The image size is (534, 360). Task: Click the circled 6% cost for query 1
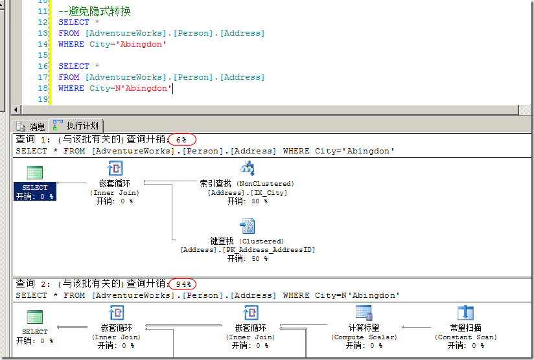click(x=181, y=140)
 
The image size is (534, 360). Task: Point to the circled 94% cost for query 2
click(x=181, y=284)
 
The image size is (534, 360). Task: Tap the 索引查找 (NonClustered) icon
click(x=247, y=169)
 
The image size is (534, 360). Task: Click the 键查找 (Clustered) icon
click(x=247, y=226)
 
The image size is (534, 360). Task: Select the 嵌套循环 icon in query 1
click(x=115, y=169)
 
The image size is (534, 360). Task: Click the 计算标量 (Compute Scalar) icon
click(x=364, y=313)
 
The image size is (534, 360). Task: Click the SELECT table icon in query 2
click(x=35, y=317)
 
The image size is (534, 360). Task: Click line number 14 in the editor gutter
click(x=43, y=44)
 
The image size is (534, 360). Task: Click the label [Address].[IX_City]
click(x=247, y=193)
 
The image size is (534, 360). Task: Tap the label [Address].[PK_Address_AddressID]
click(x=247, y=250)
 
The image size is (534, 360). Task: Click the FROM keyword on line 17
click(x=69, y=77)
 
